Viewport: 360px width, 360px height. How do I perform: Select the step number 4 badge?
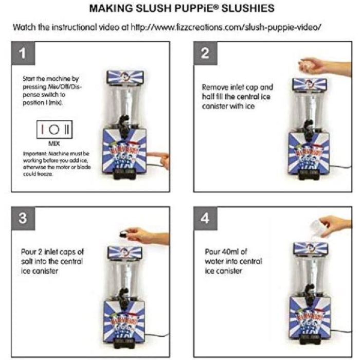pyautogui.click(x=205, y=218)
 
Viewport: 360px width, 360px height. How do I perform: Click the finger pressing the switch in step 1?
pyautogui.click(x=164, y=160)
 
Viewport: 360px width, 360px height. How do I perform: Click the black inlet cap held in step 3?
pyautogui.click(x=123, y=232)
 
